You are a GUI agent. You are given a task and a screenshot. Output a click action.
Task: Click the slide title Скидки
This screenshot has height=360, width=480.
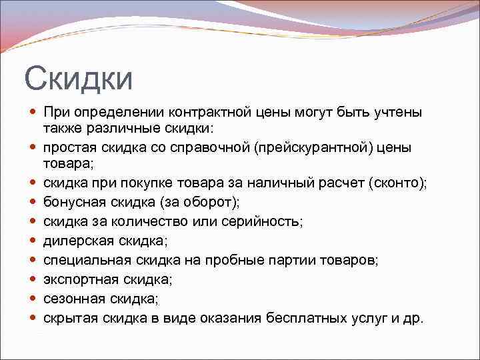pyautogui.click(x=79, y=79)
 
